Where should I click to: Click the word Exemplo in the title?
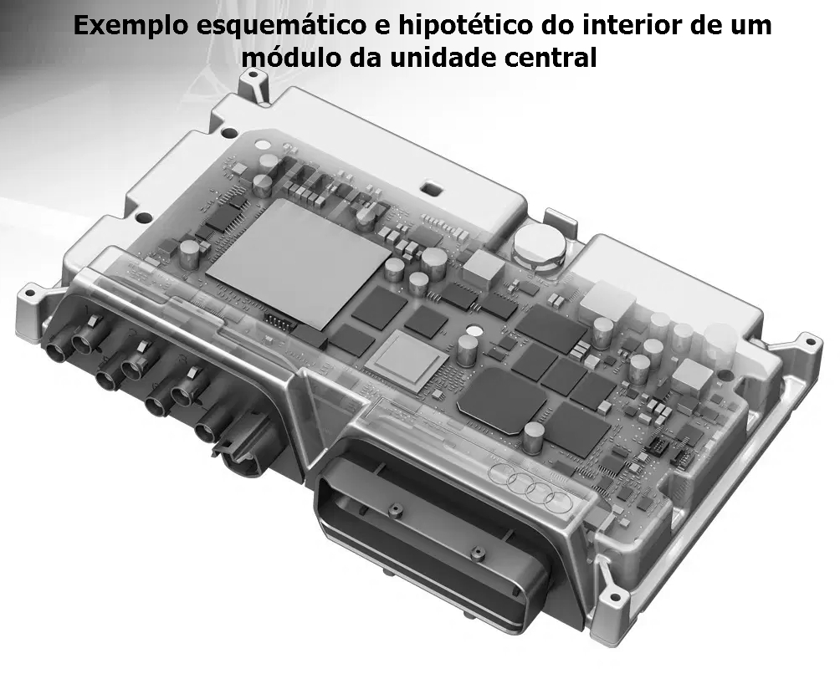(x=131, y=25)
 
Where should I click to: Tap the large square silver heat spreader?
(x=298, y=263)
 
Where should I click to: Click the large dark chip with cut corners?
(x=501, y=399)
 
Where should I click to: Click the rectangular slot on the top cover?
(x=431, y=188)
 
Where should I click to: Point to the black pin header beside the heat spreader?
(x=279, y=322)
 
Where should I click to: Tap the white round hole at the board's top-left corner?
(x=263, y=145)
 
